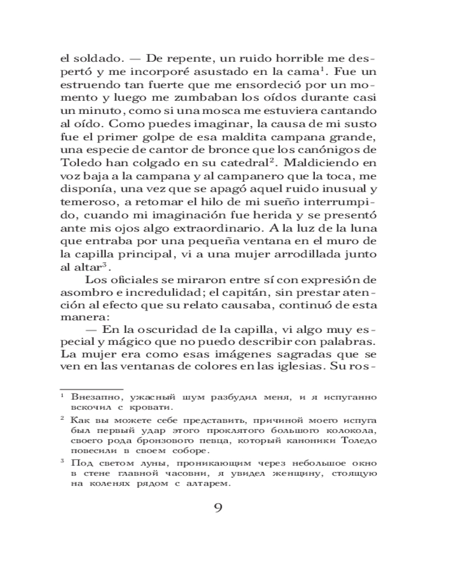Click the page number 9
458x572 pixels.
point(218,508)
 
